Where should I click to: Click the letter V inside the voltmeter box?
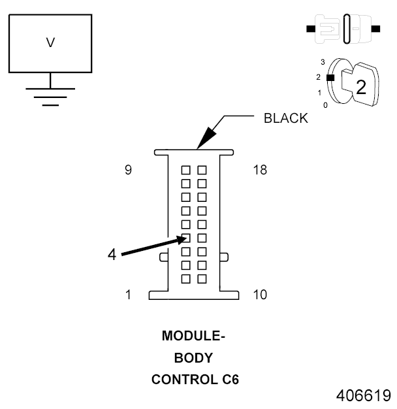coord(50,43)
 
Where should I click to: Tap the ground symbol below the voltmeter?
coord(50,95)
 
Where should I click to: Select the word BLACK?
coord(285,119)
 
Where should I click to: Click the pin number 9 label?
coord(128,170)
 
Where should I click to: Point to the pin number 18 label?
coord(259,170)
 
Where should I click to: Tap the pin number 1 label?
coord(128,295)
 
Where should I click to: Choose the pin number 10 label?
coord(259,295)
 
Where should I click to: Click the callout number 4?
coord(112,254)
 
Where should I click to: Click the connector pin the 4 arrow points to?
coord(186,238)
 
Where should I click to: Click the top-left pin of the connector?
coord(186,170)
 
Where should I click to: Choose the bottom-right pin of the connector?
coord(202,279)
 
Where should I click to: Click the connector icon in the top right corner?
coord(343,29)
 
